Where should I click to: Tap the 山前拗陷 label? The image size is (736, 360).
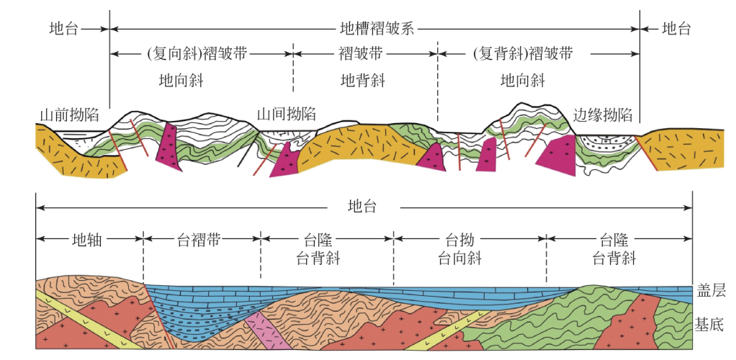(x=69, y=114)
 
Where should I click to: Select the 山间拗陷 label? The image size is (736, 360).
(x=287, y=113)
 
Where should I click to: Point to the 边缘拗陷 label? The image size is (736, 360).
(x=602, y=114)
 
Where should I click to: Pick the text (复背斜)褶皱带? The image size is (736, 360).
(x=523, y=53)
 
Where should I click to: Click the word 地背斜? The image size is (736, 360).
(x=362, y=80)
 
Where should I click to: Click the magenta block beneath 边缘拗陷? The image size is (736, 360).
(x=558, y=155)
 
